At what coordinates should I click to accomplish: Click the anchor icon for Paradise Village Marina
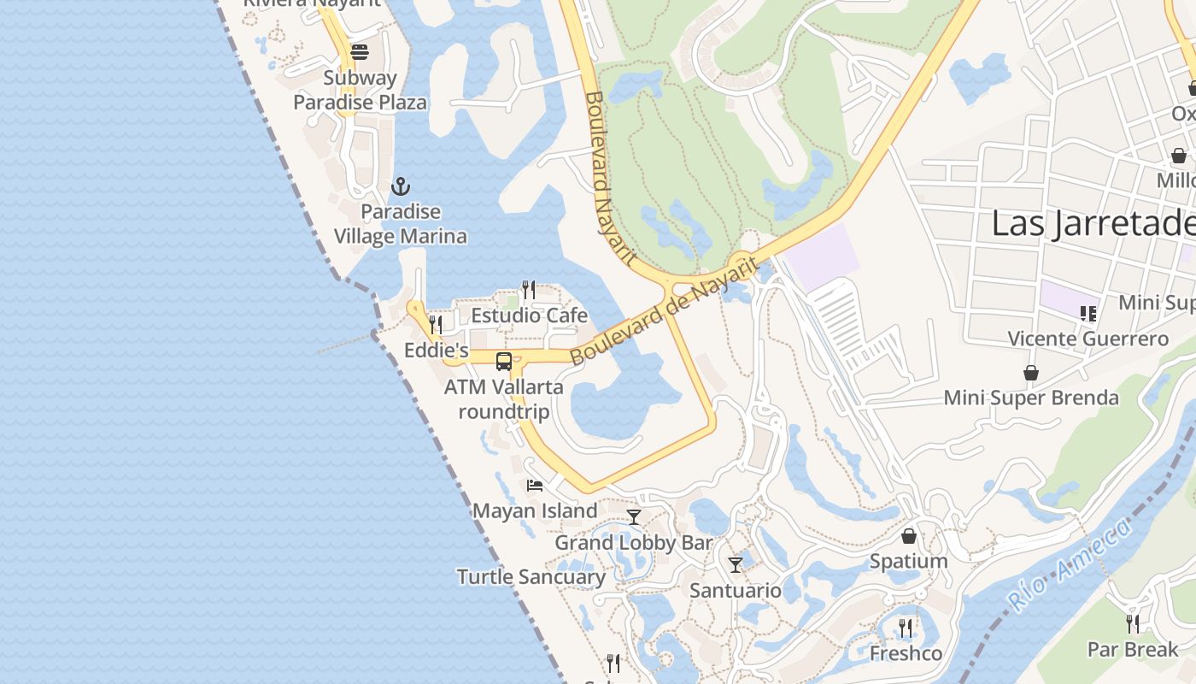click(x=400, y=186)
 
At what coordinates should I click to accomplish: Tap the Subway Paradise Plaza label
click(x=360, y=91)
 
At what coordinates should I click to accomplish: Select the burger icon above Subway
click(x=360, y=52)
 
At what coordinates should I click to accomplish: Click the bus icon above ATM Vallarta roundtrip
click(x=504, y=362)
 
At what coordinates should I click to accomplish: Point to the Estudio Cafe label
click(x=529, y=315)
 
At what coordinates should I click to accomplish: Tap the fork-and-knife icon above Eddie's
click(x=436, y=325)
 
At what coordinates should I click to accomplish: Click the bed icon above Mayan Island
click(x=535, y=486)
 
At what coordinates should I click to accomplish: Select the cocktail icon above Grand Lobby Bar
click(x=634, y=516)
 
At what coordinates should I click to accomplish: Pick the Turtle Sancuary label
click(x=531, y=577)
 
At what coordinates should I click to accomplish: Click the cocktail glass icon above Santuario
click(x=736, y=564)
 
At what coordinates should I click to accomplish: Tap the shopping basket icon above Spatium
click(x=909, y=536)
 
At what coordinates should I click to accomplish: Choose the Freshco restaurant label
click(x=906, y=654)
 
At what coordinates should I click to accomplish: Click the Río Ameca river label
click(x=1071, y=564)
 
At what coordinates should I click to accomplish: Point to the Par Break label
click(x=1132, y=650)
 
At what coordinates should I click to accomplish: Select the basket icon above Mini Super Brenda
click(x=1031, y=373)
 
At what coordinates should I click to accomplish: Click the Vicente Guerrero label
click(x=1088, y=339)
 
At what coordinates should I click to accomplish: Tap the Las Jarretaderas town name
click(x=1093, y=224)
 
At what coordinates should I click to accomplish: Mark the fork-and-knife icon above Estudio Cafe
click(x=529, y=290)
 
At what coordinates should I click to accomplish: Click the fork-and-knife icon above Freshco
click(x=906, y=628)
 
